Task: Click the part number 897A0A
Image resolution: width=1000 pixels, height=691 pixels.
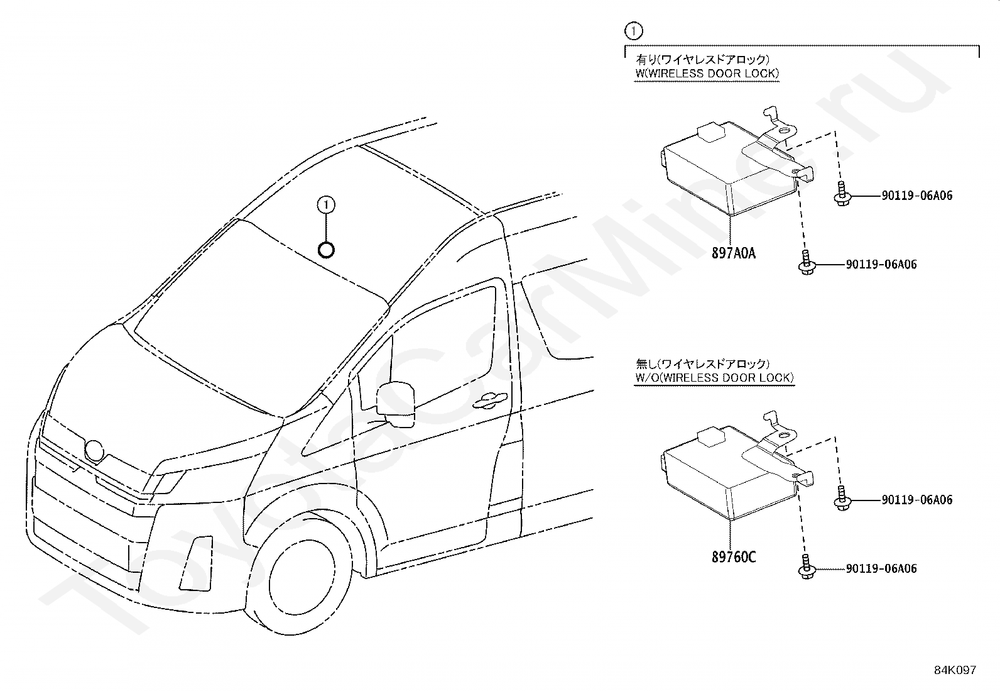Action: pos(733,253)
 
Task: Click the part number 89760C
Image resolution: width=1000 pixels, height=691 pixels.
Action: pos(733,557)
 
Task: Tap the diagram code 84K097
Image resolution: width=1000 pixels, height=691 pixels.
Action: pos(954,670)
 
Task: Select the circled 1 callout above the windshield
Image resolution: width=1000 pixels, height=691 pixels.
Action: pos(326,204)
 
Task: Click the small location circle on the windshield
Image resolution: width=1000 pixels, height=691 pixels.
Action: pos(326,250)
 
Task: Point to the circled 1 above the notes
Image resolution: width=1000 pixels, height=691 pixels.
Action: pos(634,30)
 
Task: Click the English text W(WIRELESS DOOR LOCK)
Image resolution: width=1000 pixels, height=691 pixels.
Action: pos(707,74)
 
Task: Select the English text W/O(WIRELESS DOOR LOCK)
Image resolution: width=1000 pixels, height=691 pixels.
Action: pos(714,378)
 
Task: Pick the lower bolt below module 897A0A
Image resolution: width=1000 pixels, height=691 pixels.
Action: pos(805,263)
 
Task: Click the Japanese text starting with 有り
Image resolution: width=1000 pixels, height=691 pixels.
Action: pos(702,60)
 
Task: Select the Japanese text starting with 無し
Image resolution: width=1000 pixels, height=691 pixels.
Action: pos(702,364)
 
